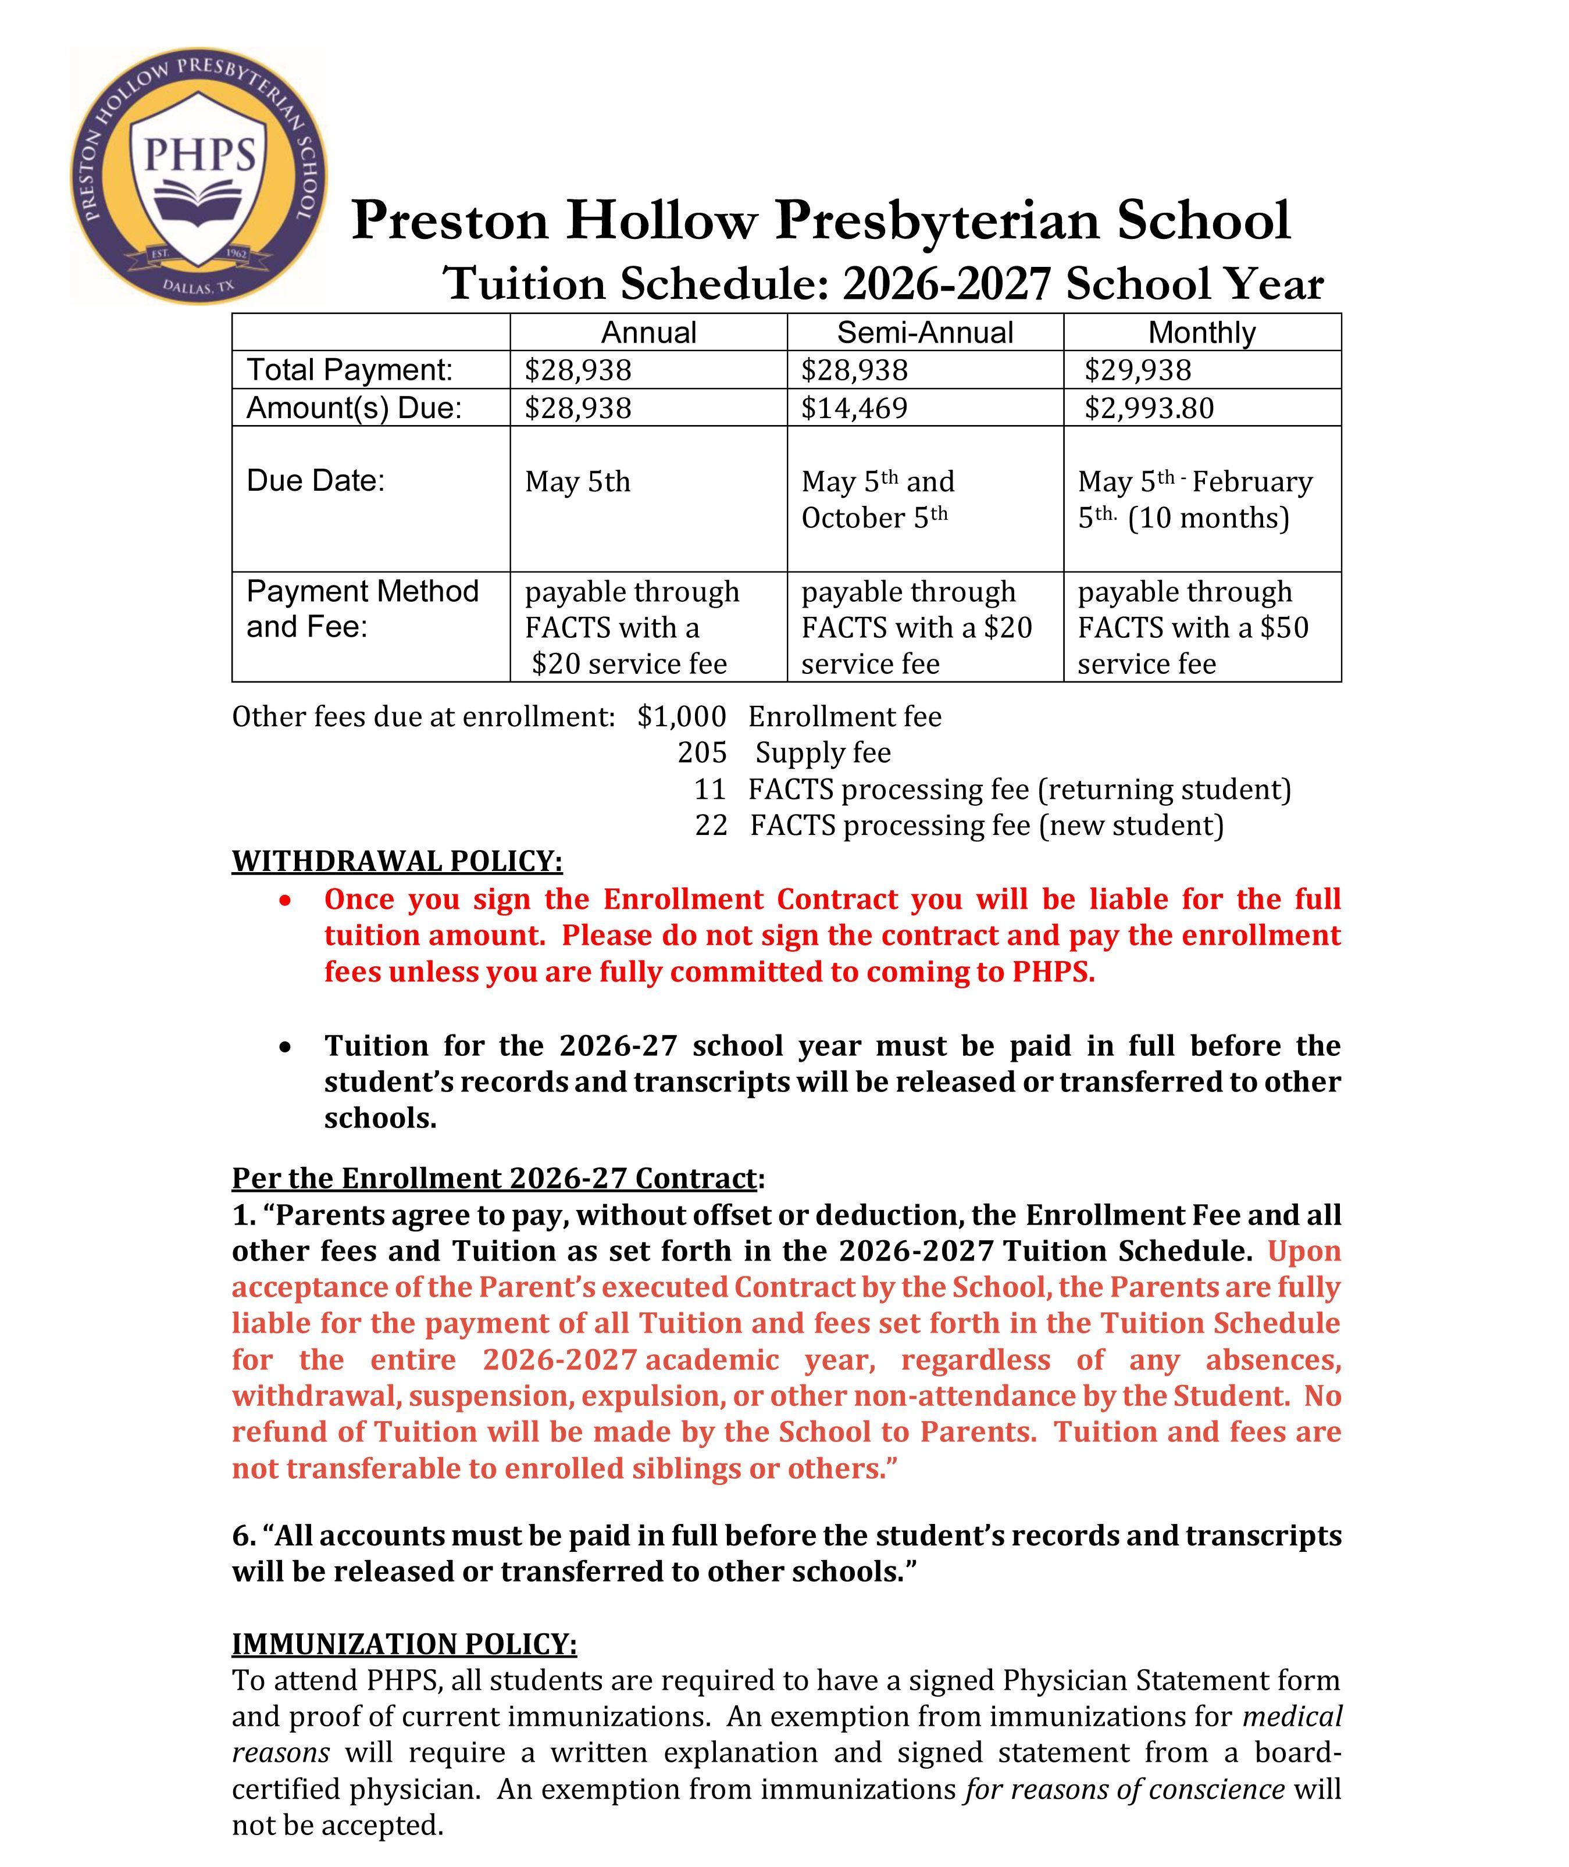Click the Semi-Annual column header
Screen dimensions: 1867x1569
pos(925,333)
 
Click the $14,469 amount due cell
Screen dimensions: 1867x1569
pos(855,408)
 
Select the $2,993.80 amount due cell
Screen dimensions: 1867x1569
pos(1149,408)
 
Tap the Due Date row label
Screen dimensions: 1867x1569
pos(316,481)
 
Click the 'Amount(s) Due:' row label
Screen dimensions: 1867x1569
pos(354,408)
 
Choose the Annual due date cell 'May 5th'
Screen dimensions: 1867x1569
pos(577,482)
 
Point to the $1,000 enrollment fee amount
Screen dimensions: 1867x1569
pos(682,716)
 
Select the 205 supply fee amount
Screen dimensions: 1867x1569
pos(702,753)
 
